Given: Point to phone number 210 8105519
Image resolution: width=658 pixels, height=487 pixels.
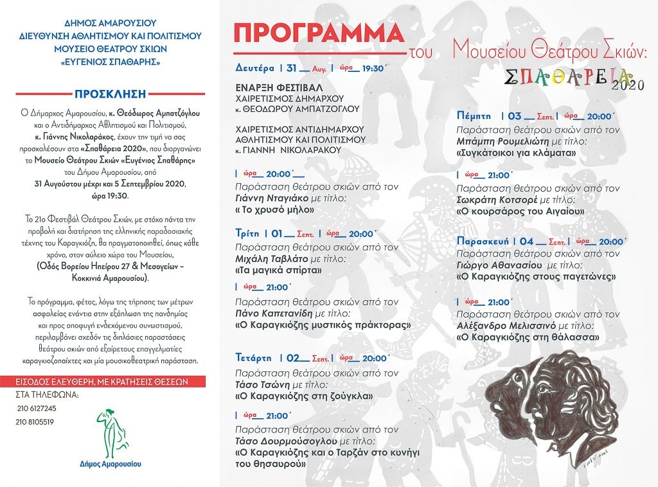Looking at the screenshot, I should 36,422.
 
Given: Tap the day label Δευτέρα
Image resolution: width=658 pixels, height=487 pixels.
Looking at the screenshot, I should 254,67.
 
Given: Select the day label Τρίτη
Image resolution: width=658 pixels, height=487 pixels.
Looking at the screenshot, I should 249,234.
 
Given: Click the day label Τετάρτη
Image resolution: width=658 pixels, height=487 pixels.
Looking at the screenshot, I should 253,358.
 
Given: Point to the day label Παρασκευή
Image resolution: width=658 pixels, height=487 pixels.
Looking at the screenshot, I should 483,241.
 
